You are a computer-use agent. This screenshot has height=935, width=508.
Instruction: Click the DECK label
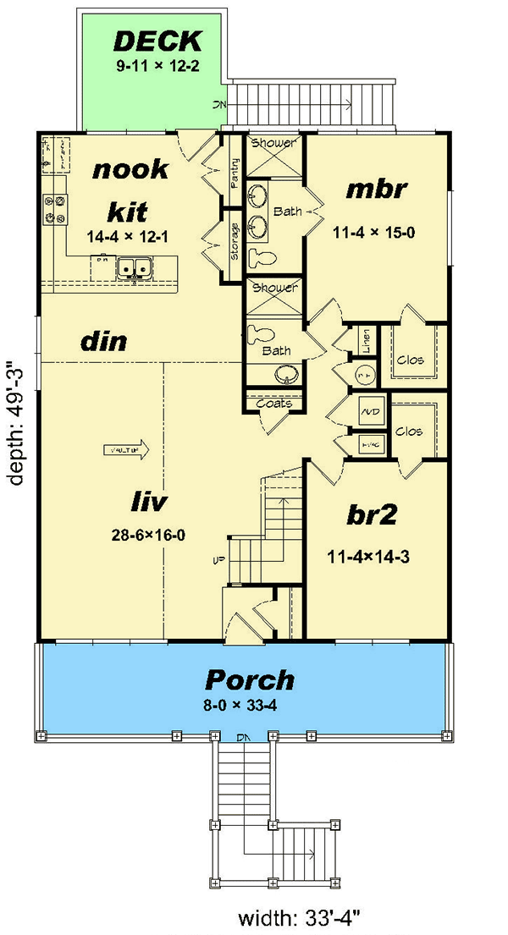(x=157, y=41)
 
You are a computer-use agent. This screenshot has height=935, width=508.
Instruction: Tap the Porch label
(x=249, y=679)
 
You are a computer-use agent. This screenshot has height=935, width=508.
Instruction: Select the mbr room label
(x=377, y=189)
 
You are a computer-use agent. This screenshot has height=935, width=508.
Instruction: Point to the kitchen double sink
(x=134, y=268)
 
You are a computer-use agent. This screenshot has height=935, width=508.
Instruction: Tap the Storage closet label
(x=235, y=240)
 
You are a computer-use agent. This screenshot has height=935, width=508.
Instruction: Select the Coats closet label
(x=274, y=403)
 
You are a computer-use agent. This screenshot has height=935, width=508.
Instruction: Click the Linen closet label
(x=366, y=340)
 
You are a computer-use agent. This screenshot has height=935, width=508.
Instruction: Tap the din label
(x=103, y=342)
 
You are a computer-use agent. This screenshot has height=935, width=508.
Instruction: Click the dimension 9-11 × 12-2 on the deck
(x=159, y=64)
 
